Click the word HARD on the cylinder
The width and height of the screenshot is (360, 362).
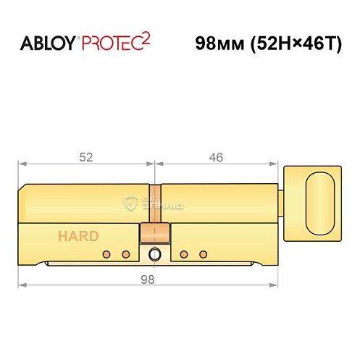[x=80, y=236]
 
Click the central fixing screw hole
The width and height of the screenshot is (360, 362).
[x=154, y=254]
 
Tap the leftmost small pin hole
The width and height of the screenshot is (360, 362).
[x=106, y=253]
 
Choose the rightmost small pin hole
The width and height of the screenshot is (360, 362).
[x=203, y=253]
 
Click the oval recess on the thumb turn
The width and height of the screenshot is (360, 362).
[x=317, y=198]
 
